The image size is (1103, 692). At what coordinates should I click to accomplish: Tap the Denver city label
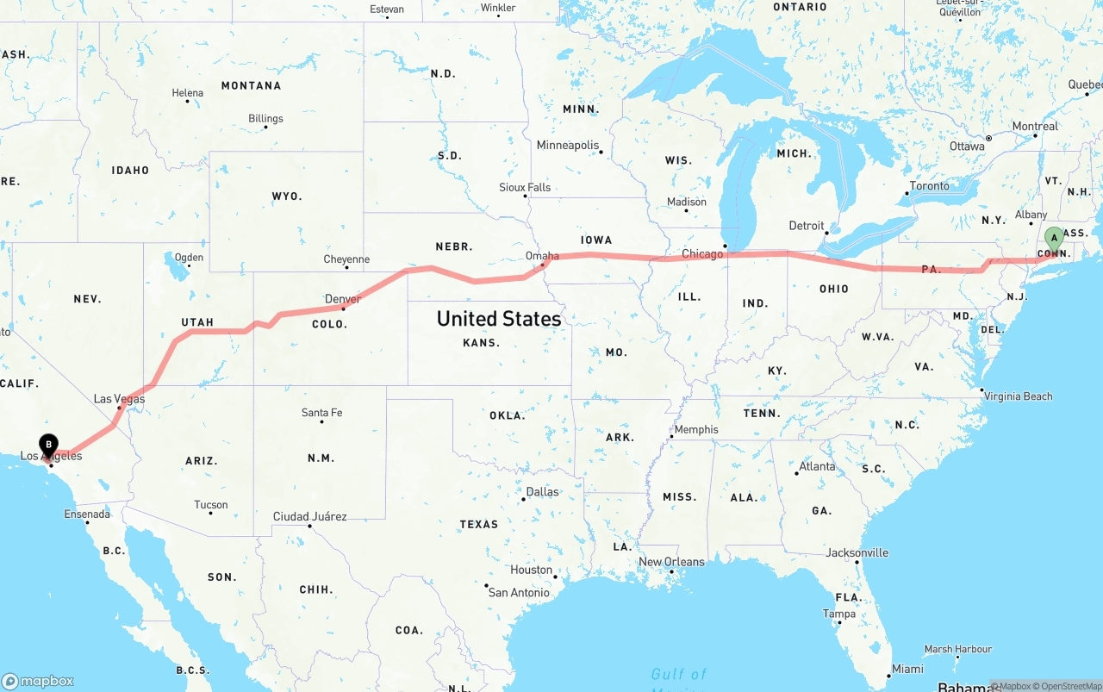coord(342,299)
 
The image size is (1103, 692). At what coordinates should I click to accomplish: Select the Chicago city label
coord(702,254)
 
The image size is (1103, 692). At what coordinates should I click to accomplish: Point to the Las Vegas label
coord(119,399)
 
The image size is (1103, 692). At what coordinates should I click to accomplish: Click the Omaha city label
coord(542,256)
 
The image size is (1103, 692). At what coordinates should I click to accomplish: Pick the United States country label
coord(499,319)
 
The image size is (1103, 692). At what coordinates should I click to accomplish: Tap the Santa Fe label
coord(321,413)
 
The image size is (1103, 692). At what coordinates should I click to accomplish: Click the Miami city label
coord(907,669)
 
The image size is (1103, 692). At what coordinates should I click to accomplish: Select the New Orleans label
coord(671,562)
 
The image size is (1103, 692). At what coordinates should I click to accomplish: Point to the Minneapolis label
coord(567,146)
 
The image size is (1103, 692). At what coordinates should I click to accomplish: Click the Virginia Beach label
coord(1018,396)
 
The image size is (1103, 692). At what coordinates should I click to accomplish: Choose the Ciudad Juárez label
coord(309,516)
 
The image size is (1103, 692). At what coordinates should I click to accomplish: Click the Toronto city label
coord(929,186)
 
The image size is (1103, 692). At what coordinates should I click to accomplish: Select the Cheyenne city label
coord(346,259)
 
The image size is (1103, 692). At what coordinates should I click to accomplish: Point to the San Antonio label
coord(518,593)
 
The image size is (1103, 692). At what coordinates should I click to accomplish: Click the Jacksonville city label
coord(857,553)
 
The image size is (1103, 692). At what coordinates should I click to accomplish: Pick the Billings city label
coord(265,119)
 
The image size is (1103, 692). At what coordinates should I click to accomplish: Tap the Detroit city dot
coord(826,233)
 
